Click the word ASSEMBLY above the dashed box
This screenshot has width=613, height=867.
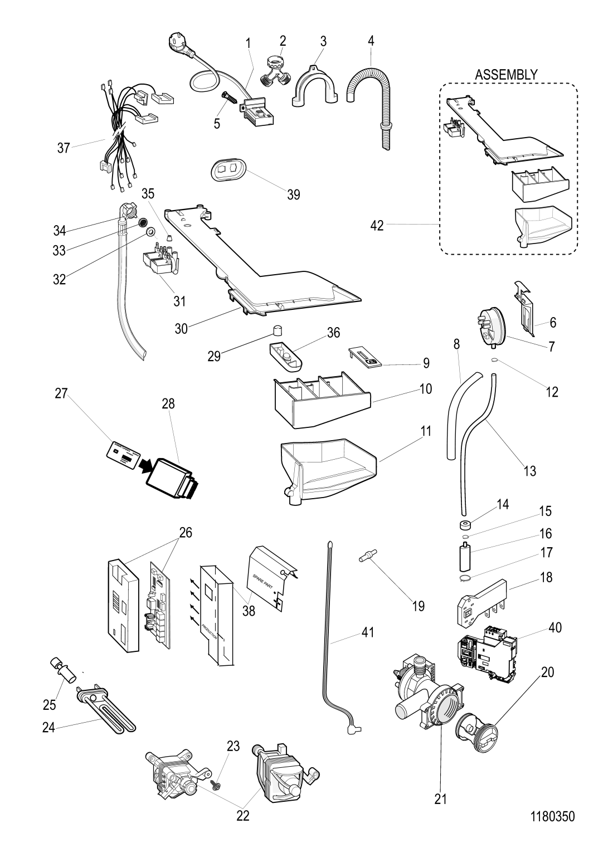click(506, 74)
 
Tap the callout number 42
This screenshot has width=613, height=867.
click(377, 225)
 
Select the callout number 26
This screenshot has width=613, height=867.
click(185, 532)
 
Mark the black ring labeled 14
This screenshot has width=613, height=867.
click(463, 525)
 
